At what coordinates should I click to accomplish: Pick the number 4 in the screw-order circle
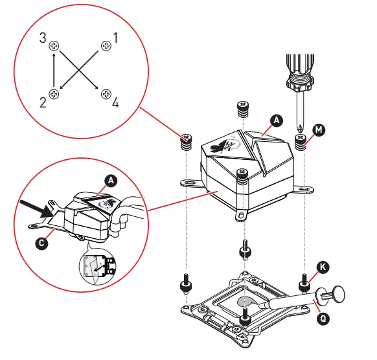coord(115,103)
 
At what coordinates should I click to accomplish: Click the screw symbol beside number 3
coord(54,46)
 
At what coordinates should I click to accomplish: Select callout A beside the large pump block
coord(276,120)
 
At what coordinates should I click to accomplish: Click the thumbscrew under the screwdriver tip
coord(301,143)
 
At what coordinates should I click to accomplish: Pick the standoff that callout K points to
coord(303,283)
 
